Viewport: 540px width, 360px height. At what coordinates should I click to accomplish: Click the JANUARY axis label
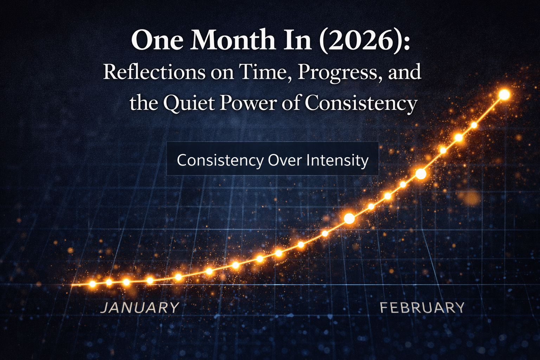(x=140, y=308)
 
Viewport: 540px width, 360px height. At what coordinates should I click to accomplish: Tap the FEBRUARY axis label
(x=422, y=308)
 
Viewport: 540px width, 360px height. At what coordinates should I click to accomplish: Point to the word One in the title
(x=157, y=40)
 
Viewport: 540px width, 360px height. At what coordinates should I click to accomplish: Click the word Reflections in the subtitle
(x=154, y=72)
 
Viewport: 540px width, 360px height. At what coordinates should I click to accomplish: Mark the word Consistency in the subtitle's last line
(x=361, y=103)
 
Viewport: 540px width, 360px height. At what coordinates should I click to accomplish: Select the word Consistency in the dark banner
(x=220, y=160)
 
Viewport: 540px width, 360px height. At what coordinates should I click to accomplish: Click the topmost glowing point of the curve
(x=504, y=95)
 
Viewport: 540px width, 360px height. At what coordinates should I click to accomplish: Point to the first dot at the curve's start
(x=92, y=284)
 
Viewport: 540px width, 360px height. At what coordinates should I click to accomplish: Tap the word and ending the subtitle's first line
(x=405, y=72)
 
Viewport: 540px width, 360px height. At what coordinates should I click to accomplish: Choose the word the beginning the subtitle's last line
(x=143, y=103)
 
